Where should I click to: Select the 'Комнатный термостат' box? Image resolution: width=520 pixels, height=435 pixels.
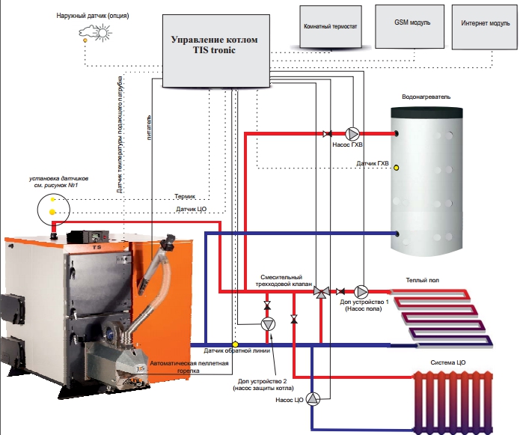(x=329, y=26)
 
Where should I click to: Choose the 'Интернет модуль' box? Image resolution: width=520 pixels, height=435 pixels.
(x=484, y=23)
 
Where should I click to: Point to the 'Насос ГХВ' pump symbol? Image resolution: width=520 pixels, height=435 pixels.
(x=352, y=133)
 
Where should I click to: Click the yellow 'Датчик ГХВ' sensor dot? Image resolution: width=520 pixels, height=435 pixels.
(x=397, y=168)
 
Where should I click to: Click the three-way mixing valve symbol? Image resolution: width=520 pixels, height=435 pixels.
(x=321, y=291)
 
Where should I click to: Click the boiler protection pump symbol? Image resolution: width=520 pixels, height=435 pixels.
(x=267, y=324)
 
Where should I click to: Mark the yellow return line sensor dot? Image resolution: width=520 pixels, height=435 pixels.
(x=235, y=344)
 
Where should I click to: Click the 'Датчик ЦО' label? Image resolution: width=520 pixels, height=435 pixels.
(x=191, y=210)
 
